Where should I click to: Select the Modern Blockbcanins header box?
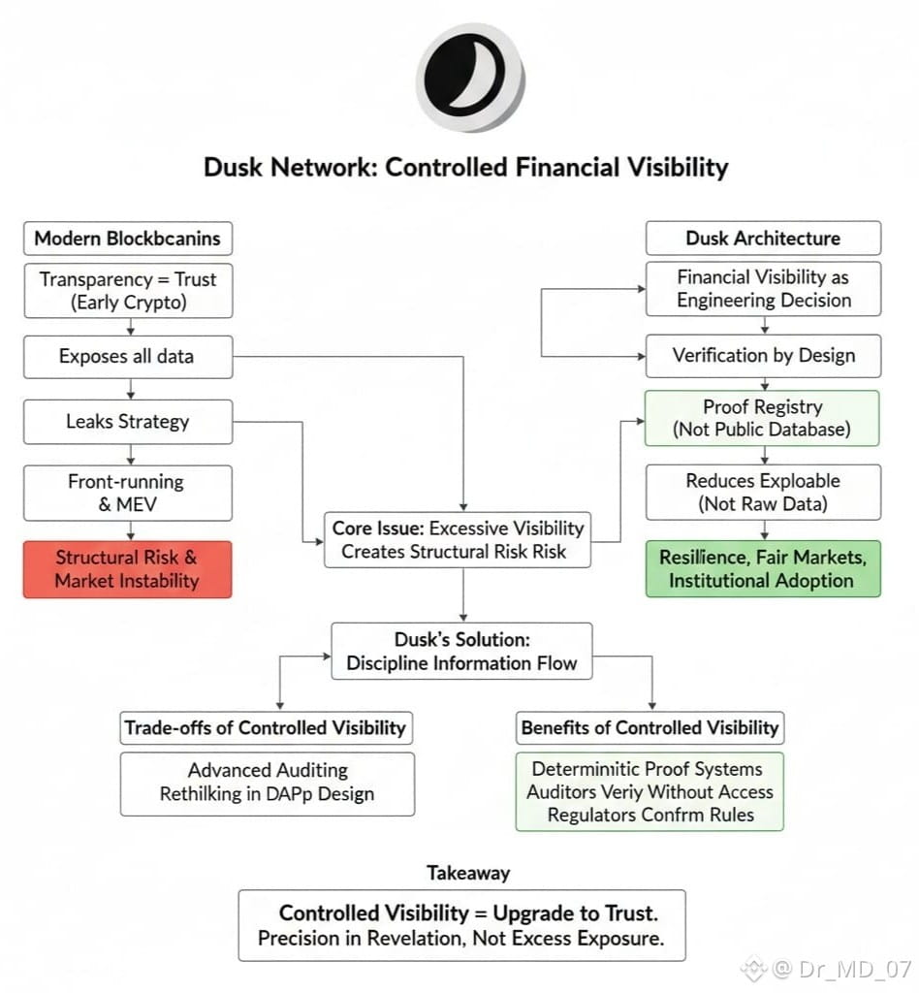pos(127,239)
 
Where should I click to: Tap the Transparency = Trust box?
pos(127,290)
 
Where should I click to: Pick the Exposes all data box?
pos(127,356)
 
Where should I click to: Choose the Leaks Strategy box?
pos(127,422)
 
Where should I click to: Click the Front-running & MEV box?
pos(127,493)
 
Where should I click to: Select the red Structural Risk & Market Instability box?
pos(127,569)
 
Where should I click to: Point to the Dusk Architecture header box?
pos(763,239)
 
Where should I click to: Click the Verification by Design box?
pos(763,355)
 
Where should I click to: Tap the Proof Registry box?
pos(762,418)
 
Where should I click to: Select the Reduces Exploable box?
pos(763,492)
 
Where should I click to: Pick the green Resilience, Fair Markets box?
pos(763,568)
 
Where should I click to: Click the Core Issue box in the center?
pos(459,540)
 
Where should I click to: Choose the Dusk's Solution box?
pos(461,651)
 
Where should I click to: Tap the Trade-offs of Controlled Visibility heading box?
pos(265,728)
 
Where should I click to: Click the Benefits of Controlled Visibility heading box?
pos(650,727)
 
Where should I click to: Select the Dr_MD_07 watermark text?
pos(841,968)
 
